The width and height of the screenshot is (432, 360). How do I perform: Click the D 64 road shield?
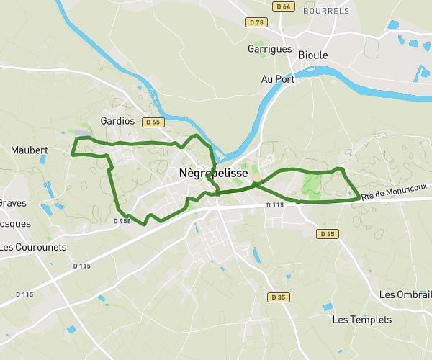point(283,6)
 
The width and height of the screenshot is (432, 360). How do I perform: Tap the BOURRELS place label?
point(326,11)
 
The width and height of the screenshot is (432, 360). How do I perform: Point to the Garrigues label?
point(270,49)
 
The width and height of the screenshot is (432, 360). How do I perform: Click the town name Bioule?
point(312,55)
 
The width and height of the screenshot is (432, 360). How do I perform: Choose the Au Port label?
point(277,79)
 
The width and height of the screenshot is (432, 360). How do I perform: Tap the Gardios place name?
point(118,121)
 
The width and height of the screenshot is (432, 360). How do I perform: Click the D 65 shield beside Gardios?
point(152,122)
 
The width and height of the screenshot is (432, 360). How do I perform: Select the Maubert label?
point(30,150)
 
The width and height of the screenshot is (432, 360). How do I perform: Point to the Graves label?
point(12,203)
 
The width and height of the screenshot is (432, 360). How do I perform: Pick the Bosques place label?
point(14,223)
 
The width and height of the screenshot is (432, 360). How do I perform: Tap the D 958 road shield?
point(122,221)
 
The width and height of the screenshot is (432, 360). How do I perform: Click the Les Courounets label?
point(33,247)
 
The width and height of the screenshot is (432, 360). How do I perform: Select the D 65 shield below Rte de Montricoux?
point(328,234)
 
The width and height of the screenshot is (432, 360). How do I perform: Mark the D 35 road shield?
point(279,297)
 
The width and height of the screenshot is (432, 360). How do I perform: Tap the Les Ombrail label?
point(405,295)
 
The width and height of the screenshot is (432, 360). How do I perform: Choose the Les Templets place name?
point(362,320)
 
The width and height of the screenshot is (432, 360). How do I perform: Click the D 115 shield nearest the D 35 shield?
point(275,205)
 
